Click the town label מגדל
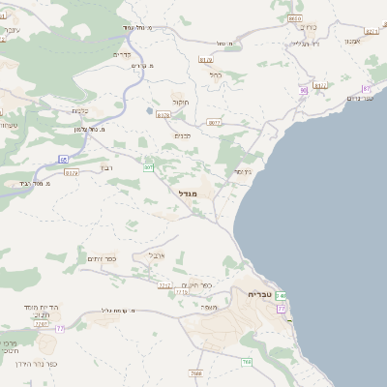coord(188,194)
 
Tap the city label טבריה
coord(261,293)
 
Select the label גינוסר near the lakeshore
coord(243,171)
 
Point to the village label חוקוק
coord(180,102)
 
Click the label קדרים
coord(123,55)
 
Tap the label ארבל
coord(158,254)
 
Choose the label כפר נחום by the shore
coord(359,98)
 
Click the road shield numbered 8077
coord(214,123)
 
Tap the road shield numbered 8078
coord(163,115)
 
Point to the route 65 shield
coord(64,158)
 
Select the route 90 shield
coord(303,90)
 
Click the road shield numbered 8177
coord(320,85)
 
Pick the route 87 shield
coord(367,88)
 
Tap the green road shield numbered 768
coord(247,362)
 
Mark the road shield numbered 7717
coord(164,285)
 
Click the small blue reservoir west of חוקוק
coord(149,110)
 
